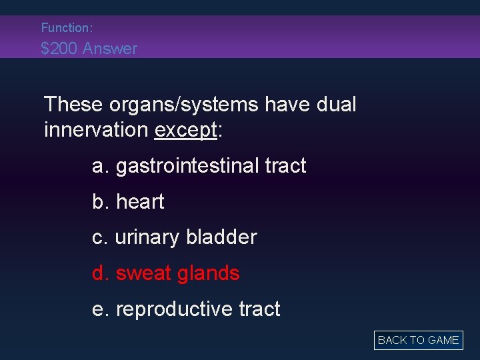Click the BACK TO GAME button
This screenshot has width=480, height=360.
click(418, 340)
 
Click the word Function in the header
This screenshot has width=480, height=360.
click(65, 28)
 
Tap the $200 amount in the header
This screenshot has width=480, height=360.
click(58, 49)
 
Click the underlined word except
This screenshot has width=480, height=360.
click(185, 130)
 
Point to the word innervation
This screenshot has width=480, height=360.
click(96, 130)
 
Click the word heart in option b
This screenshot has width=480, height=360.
click(140, 202)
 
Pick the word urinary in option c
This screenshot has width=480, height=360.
click(147, 238)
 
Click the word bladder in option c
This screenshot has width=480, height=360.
click(221, 237)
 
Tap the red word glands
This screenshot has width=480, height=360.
click(210, 273)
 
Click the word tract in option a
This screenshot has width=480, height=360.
click(285, 166)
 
